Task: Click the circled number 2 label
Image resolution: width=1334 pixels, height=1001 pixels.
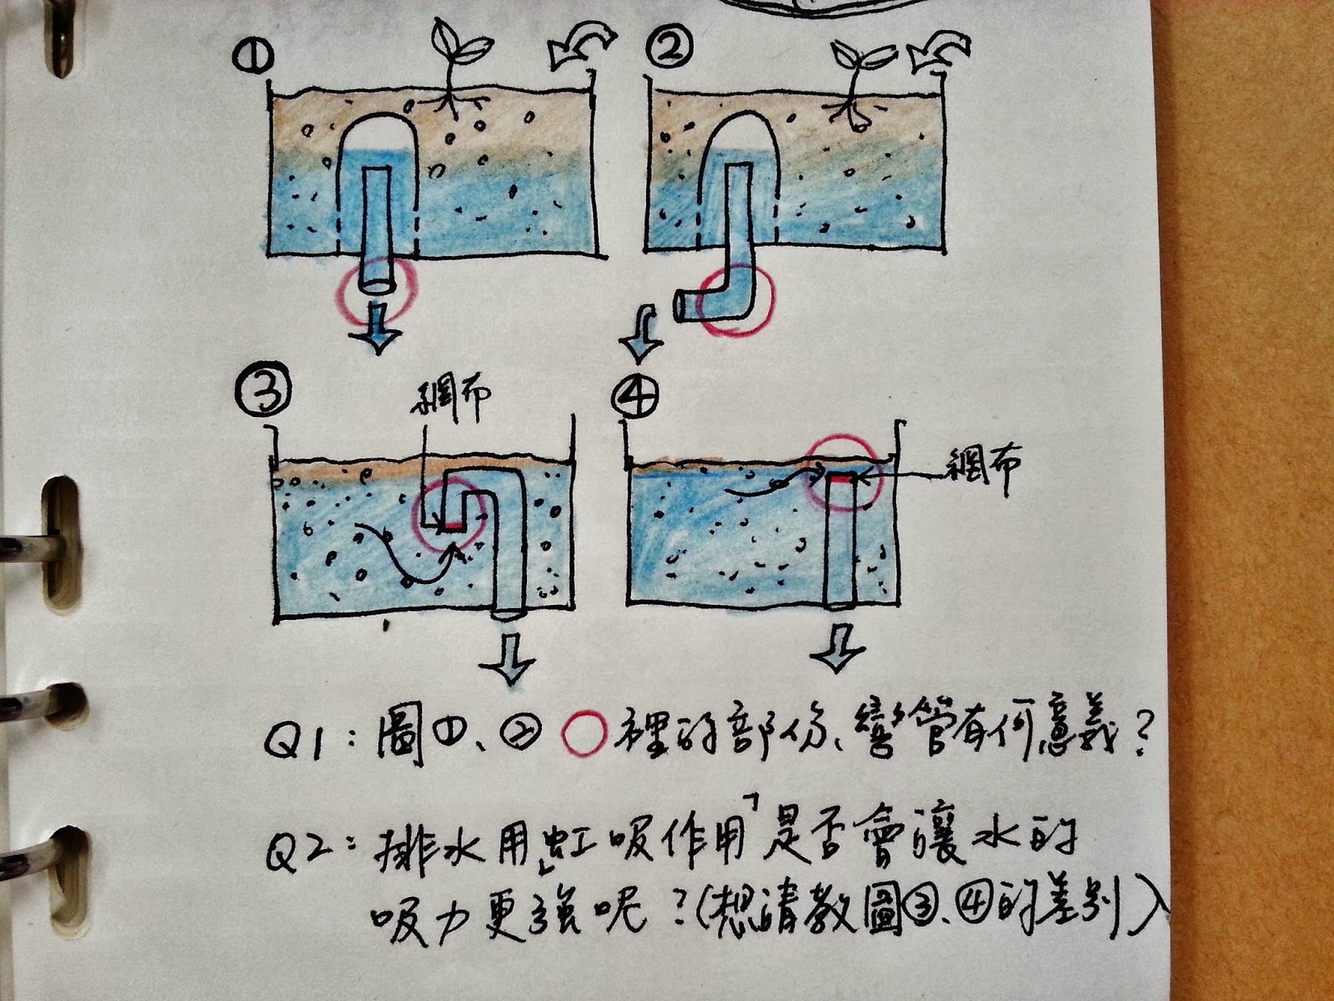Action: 672,53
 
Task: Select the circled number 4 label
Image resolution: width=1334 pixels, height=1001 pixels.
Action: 636,395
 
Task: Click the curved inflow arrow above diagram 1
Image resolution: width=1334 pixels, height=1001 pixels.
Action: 580,48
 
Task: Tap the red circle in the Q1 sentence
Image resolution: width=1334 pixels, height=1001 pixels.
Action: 584,734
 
